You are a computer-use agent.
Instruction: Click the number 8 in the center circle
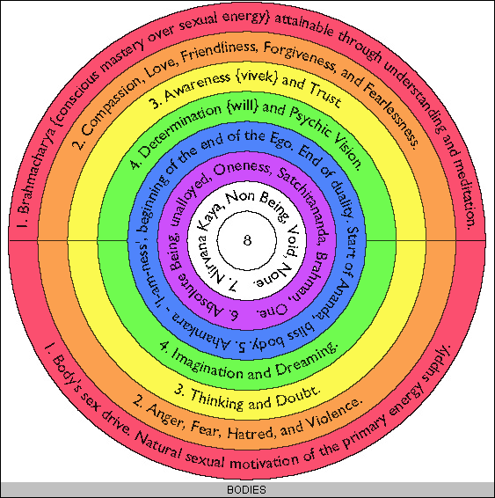247,240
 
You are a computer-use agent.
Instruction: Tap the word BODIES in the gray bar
246,490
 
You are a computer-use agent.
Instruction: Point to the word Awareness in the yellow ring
198,85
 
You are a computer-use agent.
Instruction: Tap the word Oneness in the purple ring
242,167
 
